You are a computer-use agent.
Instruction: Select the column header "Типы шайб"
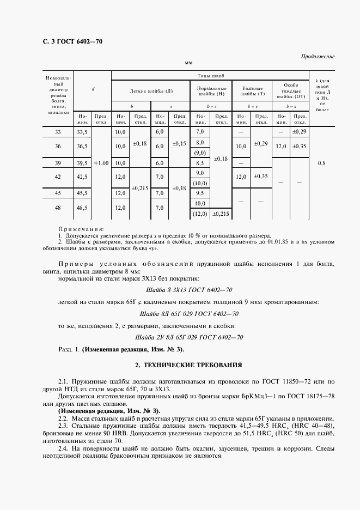(x=210, y=76)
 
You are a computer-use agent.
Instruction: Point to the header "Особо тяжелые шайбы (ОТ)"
(x=291, y=90)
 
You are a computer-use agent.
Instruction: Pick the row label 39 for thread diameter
(x=58, y=163)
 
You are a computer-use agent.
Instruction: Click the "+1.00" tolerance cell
(x=101, y=163)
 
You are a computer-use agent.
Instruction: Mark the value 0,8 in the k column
(x=322, y=162)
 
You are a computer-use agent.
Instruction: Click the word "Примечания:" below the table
(x=82, y=229)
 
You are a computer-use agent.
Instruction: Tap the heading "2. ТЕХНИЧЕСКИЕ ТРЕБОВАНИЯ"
(x=188, y=364)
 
